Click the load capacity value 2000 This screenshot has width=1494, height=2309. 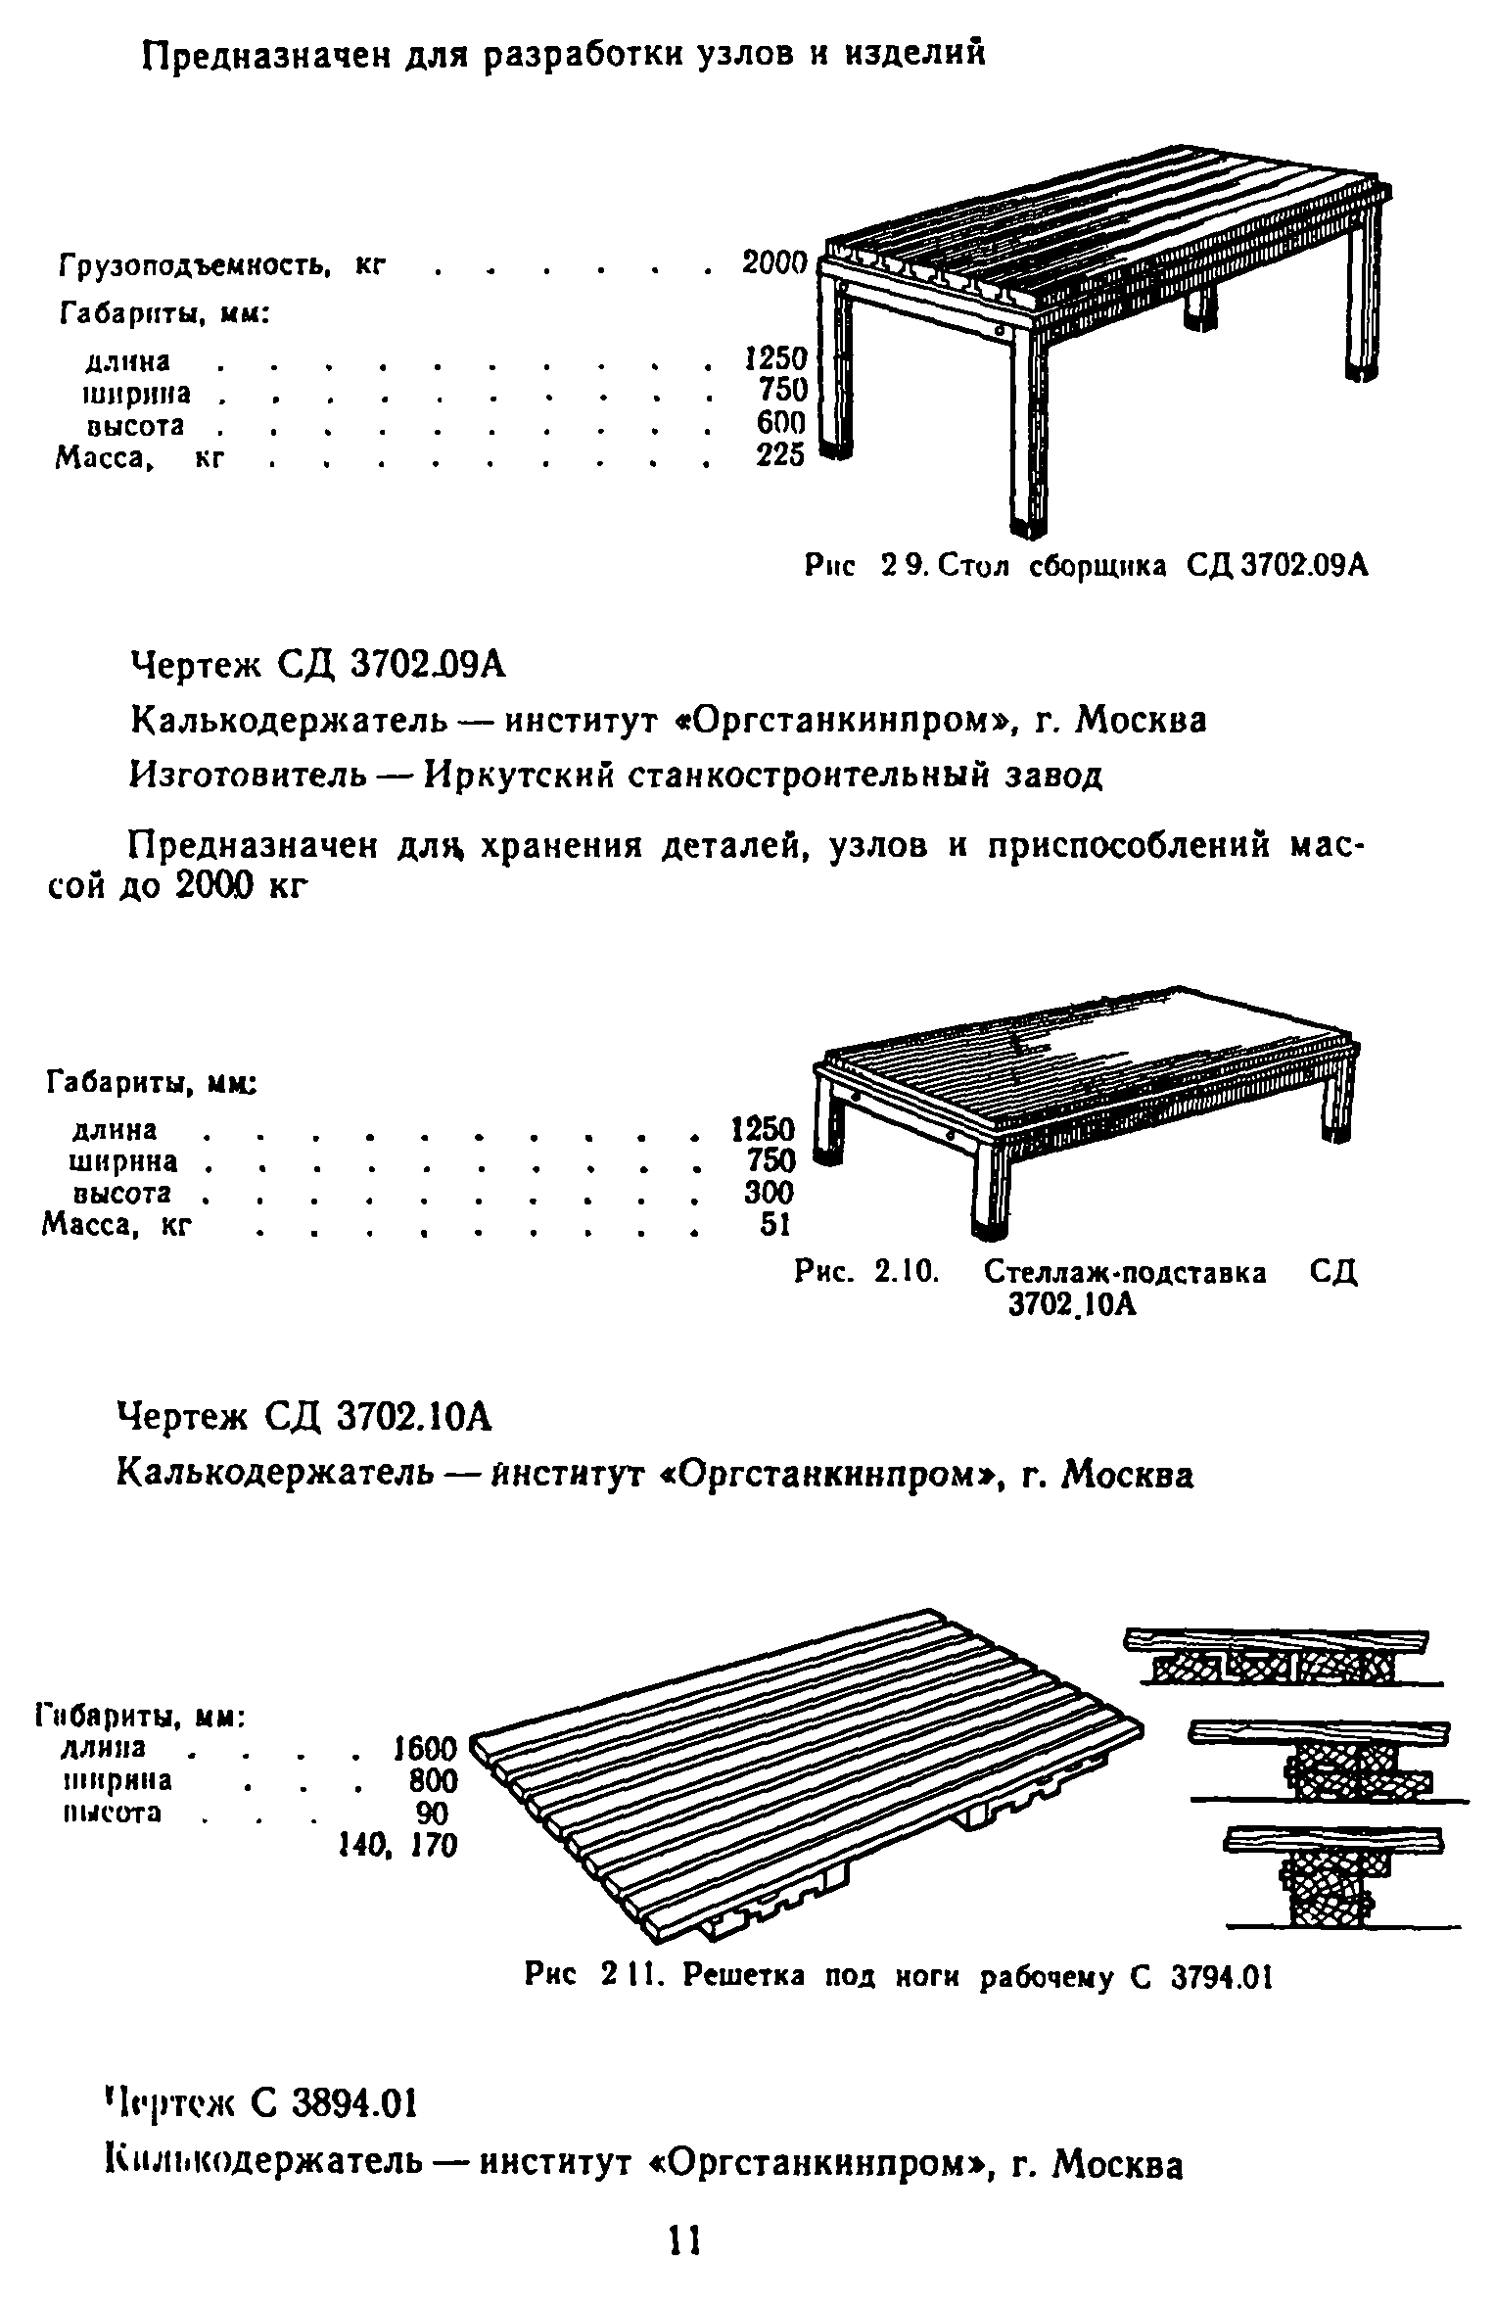click(x=774, y=263)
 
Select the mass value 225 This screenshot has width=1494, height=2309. click(x=780, y=455)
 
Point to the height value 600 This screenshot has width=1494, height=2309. click(x=781, y=423)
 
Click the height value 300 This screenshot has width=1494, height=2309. click(x=770, y=1194)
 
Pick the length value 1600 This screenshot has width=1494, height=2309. click(x=424, y=1749)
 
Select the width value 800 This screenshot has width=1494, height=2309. click(x=433, y=1780)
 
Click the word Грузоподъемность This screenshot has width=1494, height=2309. click(x=194, y=265)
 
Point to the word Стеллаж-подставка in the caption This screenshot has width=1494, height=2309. click(x=1125, y=1273)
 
